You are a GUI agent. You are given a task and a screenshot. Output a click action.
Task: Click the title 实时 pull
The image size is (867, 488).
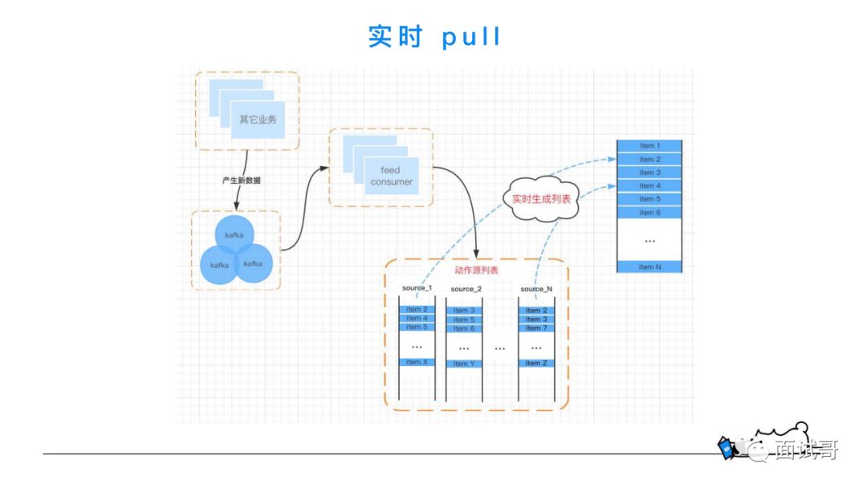tap(434, 37)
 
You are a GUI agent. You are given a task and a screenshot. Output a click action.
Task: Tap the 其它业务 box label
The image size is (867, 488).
tap(258, 120)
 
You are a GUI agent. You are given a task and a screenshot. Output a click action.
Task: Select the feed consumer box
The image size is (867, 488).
tap(391, 177)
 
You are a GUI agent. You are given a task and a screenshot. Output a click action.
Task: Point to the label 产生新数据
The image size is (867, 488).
tap(241, 181)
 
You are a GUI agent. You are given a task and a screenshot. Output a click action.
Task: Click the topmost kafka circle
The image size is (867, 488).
tap(234, 234)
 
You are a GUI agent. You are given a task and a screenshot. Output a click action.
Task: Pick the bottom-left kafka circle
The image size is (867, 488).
tap(218, 264)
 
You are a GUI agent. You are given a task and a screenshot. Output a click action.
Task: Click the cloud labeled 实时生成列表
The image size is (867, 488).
tap(541, 198)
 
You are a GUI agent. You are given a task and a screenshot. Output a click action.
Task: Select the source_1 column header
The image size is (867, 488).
tap(417, 288)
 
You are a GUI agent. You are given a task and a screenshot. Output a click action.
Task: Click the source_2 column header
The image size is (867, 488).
tap(466, 289)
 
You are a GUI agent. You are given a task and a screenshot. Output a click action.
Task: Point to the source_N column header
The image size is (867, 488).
tap(536, 288)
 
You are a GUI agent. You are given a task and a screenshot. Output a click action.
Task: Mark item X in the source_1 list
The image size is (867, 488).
tap(417, 362)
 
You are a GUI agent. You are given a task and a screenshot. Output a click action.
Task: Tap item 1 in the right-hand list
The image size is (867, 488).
tap(649, 146)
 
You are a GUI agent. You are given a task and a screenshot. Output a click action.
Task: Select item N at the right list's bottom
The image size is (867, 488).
tap(649, 266)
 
